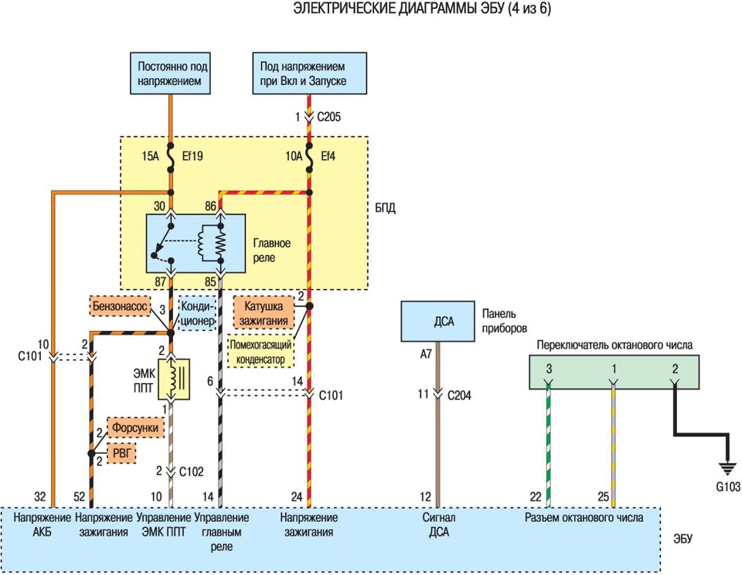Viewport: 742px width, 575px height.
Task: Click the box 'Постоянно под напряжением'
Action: pos(170,73)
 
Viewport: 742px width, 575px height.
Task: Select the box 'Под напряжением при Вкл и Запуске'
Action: pos(309,73)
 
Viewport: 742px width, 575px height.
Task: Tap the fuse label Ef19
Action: pos(192,155)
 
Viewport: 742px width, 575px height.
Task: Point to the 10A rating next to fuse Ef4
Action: pos(294,155)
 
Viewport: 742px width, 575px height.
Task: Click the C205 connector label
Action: pos(329,117)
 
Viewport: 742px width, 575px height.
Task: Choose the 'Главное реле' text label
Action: pos(271,250)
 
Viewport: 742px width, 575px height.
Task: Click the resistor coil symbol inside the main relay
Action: pos(220,243)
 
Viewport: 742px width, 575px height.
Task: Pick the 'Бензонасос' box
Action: pos(120,306)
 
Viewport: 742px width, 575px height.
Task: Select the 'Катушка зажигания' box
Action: pos(264,313)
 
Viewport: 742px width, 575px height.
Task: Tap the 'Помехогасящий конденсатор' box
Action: pos(260,352)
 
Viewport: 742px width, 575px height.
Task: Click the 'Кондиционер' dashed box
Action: pos(197,313)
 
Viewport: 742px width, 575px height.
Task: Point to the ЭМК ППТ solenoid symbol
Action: pos(174,379)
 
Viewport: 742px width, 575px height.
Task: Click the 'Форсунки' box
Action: pos(135,428)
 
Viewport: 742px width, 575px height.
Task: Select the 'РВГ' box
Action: pos(121,454)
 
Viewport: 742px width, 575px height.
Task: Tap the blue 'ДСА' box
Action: pos(437,322)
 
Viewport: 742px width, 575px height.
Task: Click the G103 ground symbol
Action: pos(727,468)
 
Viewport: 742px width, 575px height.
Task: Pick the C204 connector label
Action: pos(459,395)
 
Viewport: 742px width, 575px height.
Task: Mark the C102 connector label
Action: pos(191,471)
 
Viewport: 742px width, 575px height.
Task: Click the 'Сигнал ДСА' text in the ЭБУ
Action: pos(439,525)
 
